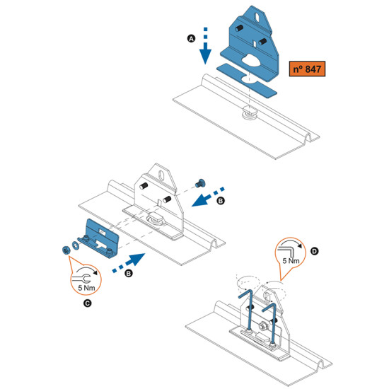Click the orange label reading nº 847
click(307, 69)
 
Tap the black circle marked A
click(191, 39)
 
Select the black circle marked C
click(87, 303)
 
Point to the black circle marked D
click(314, 251)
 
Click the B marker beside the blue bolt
click(221, 200)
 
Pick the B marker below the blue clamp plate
click(129, 274)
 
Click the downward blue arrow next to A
click(205, 46)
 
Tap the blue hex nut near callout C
click(66, 250)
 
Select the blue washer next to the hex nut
click(75, 245)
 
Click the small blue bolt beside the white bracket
click(199, 183)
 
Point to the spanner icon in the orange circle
click(81, 278)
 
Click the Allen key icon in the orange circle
click(286, 250)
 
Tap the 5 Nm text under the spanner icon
click(86, 288)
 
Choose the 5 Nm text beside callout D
click(291, 261)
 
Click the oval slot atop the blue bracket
click(257, 18)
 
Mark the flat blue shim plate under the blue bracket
click(246, 81)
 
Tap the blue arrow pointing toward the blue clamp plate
click(129, 263)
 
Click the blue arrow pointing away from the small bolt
click(208, 197)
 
